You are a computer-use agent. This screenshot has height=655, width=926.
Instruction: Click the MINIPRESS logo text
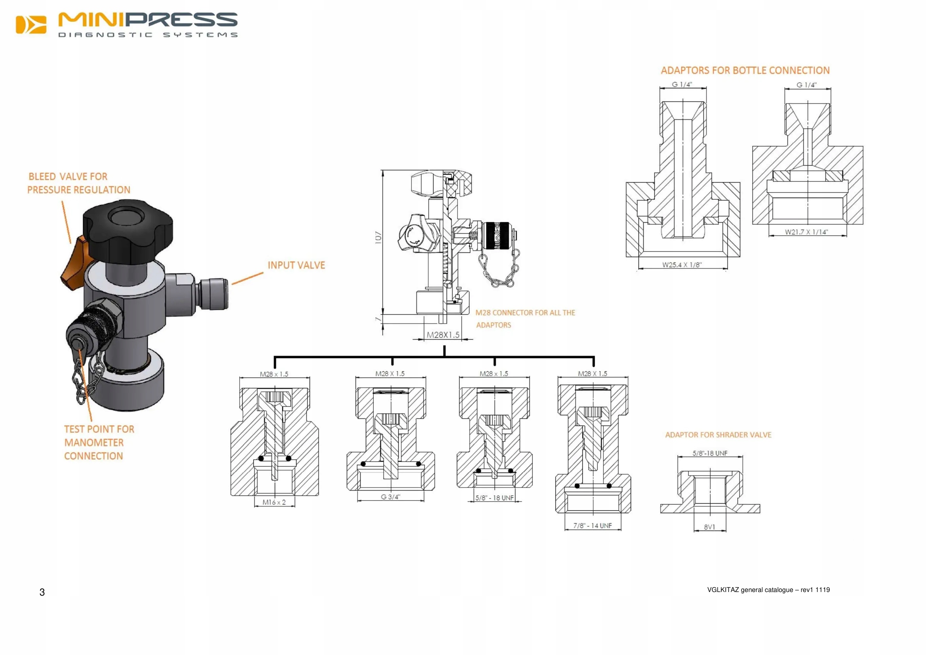(x=148, y=20)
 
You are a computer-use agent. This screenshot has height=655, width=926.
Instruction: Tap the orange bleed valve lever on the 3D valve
(x=74, y=264)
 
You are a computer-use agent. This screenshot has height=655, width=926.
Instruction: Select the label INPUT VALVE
(x=297, y=265)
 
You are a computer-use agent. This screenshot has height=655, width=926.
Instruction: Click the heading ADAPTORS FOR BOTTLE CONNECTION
(x=745, y=71)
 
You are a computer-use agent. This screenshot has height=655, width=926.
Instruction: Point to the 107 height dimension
(x=378, y=237)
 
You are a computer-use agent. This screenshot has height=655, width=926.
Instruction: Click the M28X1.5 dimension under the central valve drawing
(x=443, y=335)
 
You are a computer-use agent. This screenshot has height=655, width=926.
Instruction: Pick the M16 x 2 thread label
(x=274, y=502)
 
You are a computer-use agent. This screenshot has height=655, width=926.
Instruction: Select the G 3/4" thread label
(x=390, y=497)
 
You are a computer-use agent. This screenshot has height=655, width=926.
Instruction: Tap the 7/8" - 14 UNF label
(x=593, y=525)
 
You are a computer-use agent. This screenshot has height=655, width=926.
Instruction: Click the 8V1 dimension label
(x=709, y=527)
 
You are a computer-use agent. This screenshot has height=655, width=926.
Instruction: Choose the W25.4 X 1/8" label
(x=682, y=265)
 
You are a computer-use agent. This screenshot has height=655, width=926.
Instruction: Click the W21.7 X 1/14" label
(x=806, y=232)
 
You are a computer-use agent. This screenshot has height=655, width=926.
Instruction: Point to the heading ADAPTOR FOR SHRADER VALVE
(x=718, y=435)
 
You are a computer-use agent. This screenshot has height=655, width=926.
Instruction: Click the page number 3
(x=42, y=592)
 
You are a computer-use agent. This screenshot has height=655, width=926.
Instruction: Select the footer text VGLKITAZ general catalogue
(x=768, y=590)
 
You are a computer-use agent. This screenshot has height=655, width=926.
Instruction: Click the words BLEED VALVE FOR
(x=68, y=177)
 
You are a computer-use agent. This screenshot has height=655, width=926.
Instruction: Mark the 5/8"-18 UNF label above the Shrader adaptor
(x=710, y=453)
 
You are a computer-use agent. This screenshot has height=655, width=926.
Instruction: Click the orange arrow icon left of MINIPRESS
(x=31, y=25)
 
